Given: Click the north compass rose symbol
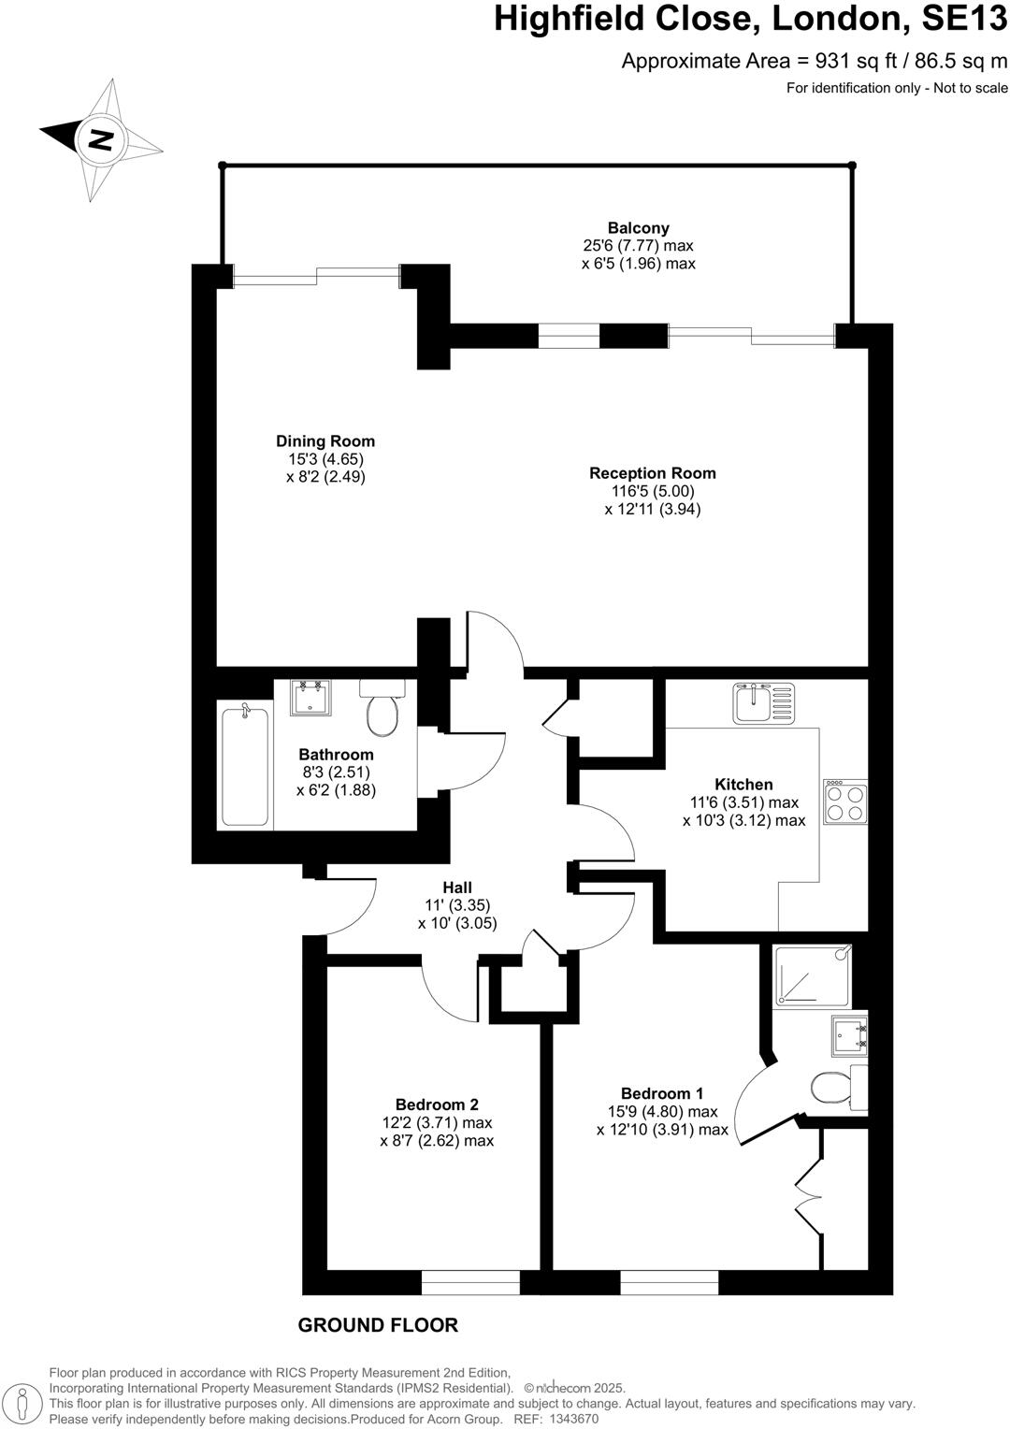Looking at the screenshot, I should (101, 139).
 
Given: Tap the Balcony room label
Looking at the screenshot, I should (638, 228).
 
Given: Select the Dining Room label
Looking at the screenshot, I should (325, 441).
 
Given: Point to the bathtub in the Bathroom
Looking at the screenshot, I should (245, 765).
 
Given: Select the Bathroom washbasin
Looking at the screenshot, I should (310, 698).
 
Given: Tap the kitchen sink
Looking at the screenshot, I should (763, 702).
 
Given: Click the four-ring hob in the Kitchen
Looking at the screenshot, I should (845, 802).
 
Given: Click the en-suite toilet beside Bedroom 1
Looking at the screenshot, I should (831, 1088).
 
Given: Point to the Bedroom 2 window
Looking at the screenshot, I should (470, 1282).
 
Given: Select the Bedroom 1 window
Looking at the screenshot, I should (669, 1282).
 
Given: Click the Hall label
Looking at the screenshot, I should (456, 888).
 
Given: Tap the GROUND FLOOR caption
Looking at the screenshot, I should (378, 1325).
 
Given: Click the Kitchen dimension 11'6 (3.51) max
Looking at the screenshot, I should (743, 802).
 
